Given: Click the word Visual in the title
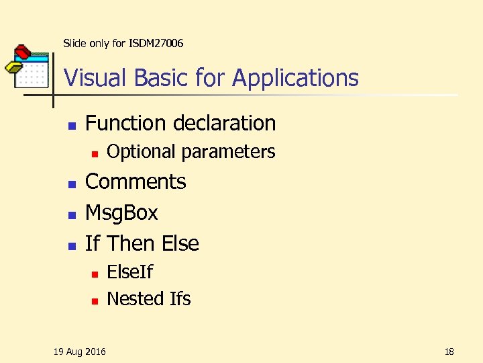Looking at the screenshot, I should click(96, 78).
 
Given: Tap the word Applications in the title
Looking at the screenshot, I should click(296, 79).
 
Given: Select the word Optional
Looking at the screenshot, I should click(141, 152).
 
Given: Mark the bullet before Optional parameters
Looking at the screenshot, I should click(95, 153).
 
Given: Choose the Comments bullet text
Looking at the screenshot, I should click(136, 182).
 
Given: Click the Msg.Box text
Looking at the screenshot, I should click(121, 212).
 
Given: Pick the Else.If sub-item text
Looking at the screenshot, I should click(129, 272).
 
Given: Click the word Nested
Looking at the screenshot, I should click(136, 298).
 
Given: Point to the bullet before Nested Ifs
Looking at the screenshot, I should click(95, 300).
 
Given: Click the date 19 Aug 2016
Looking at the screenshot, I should click(79, 351).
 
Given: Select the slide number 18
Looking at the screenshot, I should click(449, 351).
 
